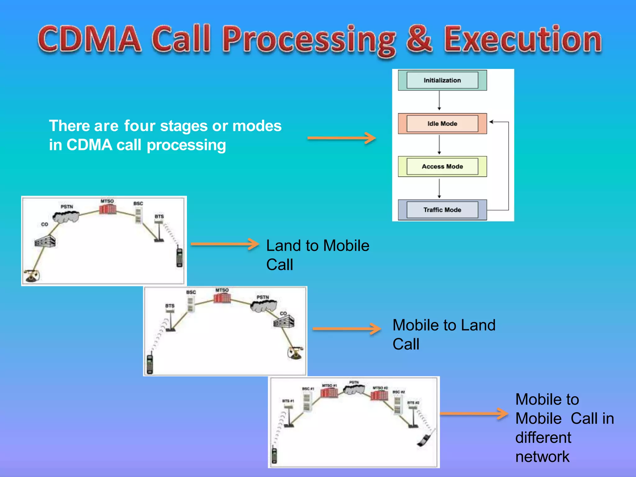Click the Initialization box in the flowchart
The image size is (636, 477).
(x=442, y=80)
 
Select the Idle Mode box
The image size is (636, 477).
(x=442, y=124)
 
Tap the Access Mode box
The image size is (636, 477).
(x=442, y=167)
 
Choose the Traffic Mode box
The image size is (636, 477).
(x=442, y=210)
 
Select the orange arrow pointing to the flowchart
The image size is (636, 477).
(x=342, y=138)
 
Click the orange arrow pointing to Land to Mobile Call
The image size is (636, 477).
(x=225, y=244)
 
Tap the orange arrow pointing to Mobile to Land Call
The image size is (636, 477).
(x=347, y=329)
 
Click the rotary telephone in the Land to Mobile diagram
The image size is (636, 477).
(x=32, y=275)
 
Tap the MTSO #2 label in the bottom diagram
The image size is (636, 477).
(x=380, y=388)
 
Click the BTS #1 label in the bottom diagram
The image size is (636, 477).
(x=288, y=401)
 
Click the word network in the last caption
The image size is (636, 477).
(x=542, y=457)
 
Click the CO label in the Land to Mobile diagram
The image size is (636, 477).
(x=44, y=224)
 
